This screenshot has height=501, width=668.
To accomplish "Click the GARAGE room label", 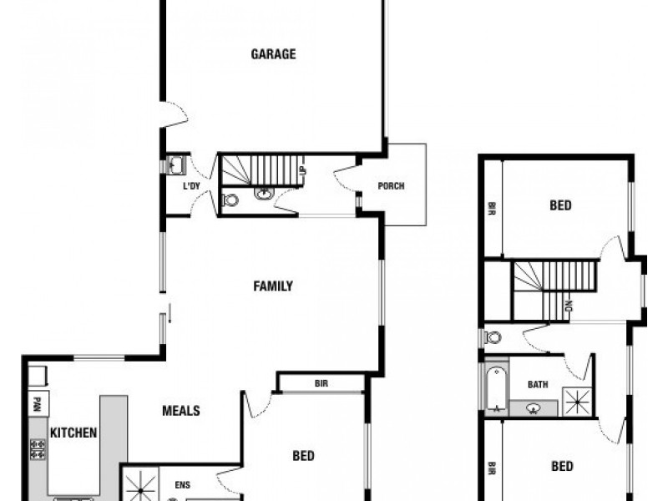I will pyautogui.click(x=273, y=55).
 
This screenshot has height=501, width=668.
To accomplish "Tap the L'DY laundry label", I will pyautogui.click(x=191, y=185).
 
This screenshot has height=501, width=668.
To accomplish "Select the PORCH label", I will pyautogui.click(x=391, y=185).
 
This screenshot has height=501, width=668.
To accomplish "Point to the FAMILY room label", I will pyautogui.click(x=273, y=286).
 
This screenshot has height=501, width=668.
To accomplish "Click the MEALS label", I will pyautogui.click(x=180, y=411).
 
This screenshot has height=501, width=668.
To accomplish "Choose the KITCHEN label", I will pyautogui.click(x=73, y=433).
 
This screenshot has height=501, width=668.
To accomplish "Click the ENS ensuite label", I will pyautogui.click(x=183, y=483).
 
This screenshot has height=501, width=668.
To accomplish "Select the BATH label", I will pyautogui.click(x=538, y=385).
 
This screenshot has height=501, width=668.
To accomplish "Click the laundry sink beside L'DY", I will pyautogui.click(x=176, y=164).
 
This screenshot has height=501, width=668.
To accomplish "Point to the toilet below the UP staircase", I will pyautogui.click(x=231, y=200).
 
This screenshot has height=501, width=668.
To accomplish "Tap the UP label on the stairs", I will pyautogui.click(x=301, y=171).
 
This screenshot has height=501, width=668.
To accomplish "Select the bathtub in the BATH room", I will pyautogui.click(x=495, y=387).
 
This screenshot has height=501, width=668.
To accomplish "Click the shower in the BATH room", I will pyautogui.click(x=577, y=401).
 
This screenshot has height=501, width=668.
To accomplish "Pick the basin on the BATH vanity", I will pyautogui.click(x=534, y=408).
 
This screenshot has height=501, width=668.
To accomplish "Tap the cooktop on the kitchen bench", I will pyautogui.click(x=38, y=449).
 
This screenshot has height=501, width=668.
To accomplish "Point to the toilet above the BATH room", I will pyautogui.click(x=493, y=337).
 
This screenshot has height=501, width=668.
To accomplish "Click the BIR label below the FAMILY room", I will pyautogui.click(x=321, y=384).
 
